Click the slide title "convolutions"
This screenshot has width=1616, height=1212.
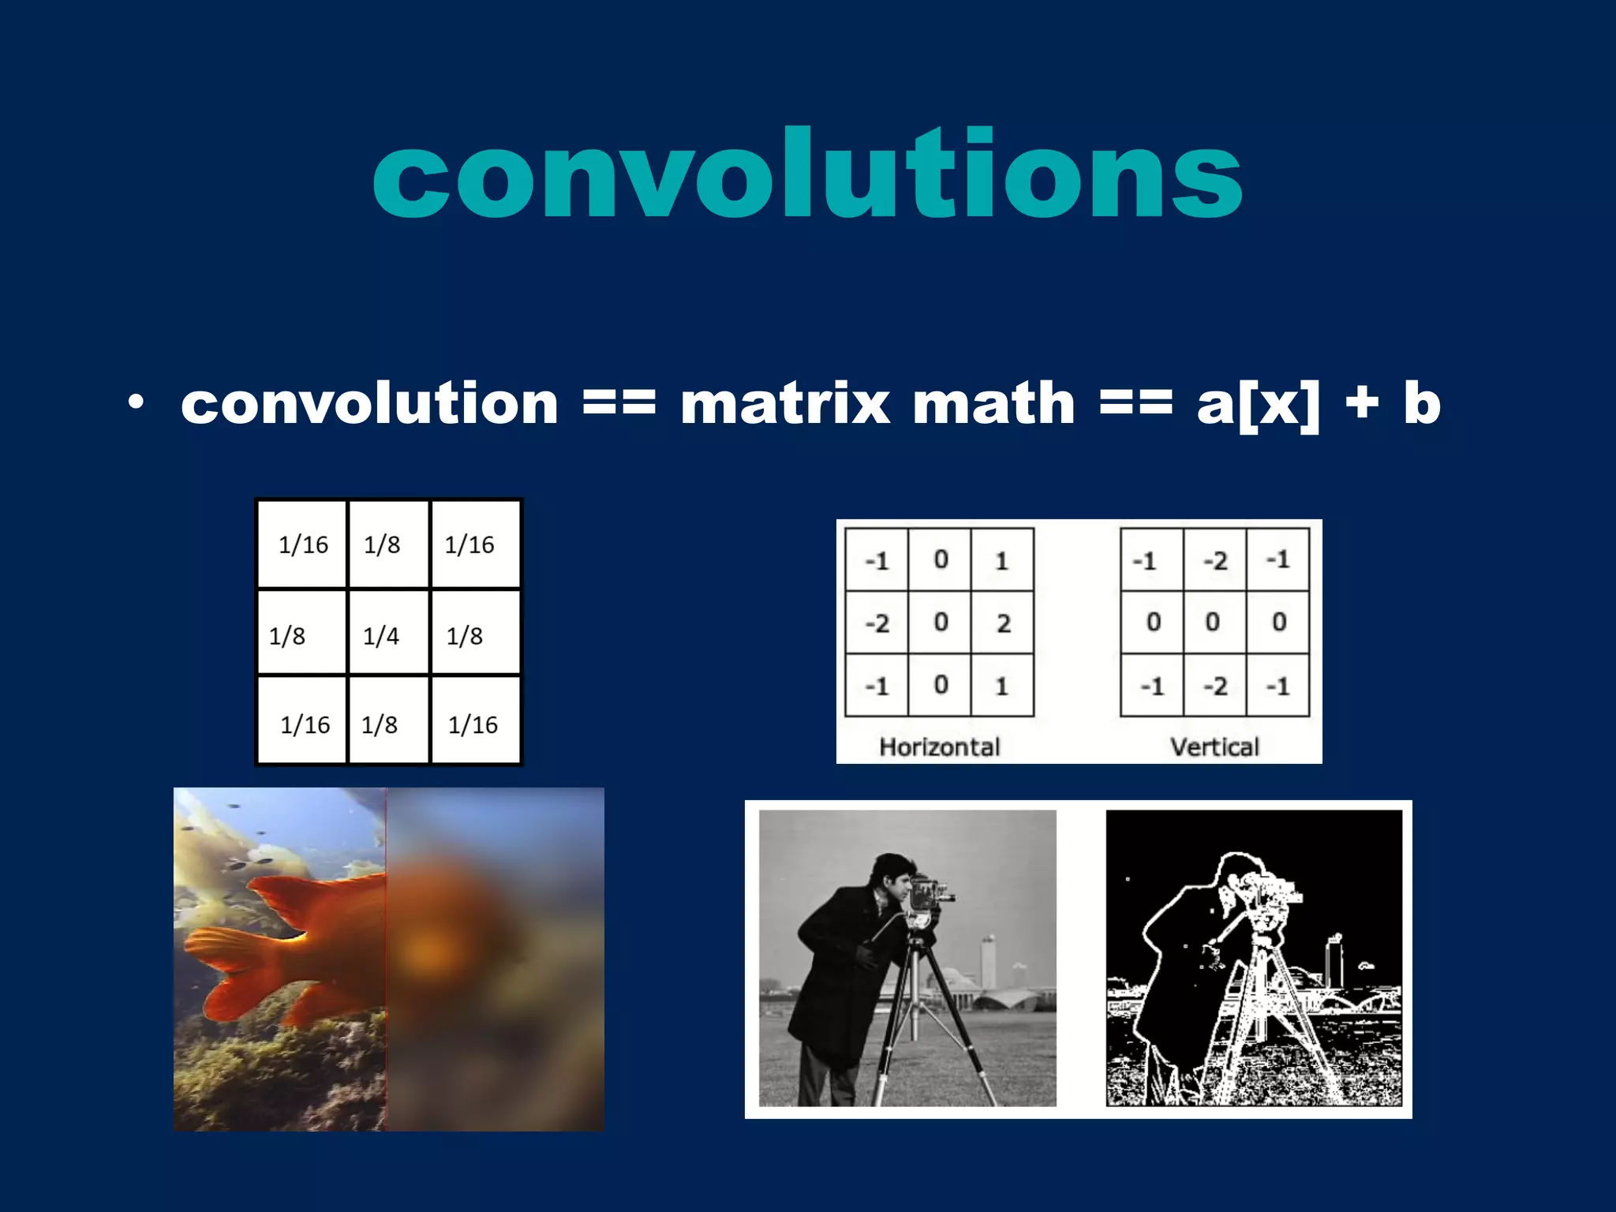tap(808, 174)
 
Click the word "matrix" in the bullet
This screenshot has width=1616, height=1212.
tap(784, 404)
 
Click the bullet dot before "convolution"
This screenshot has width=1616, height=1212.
tap(137, 402)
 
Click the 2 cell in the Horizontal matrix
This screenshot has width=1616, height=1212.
tap(1003, 623)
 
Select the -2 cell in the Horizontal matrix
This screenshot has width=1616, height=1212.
tap(877, 623)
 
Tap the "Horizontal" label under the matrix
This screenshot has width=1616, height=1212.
tap(939, 746)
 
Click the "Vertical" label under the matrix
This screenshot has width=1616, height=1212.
tap(1214, 746)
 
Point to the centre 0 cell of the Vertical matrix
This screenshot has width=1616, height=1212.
tap(1214, 623)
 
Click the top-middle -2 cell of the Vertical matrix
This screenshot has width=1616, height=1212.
tap(1215, 560)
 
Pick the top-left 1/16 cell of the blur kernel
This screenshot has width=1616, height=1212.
tap(303, 544)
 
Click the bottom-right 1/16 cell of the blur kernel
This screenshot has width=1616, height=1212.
tap(473, 724)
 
